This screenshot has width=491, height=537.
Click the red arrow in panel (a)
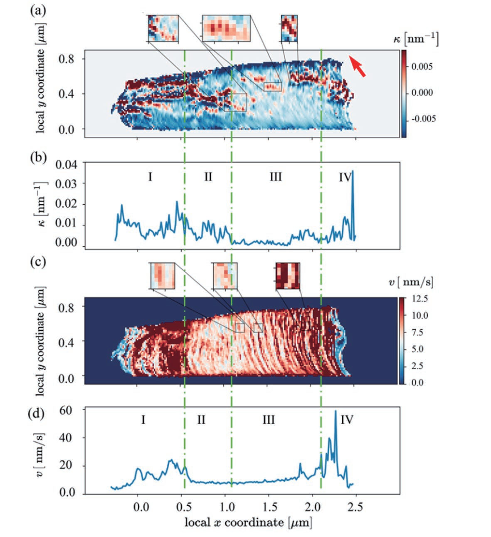pos(358,67)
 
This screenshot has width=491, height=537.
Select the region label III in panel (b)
pos(275,177)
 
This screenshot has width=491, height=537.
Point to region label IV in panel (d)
pos(347,419)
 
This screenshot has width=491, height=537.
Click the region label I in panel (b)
pos(150,177)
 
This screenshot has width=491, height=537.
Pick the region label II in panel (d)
pos(201,419)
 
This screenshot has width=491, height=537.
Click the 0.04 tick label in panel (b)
pos(67,165)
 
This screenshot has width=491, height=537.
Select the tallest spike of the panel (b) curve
pos(353,171)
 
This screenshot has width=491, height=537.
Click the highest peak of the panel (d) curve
pos(336,412)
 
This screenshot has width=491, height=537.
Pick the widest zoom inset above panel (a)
pos(227,28)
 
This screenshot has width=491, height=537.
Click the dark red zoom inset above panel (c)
pos(288,275)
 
